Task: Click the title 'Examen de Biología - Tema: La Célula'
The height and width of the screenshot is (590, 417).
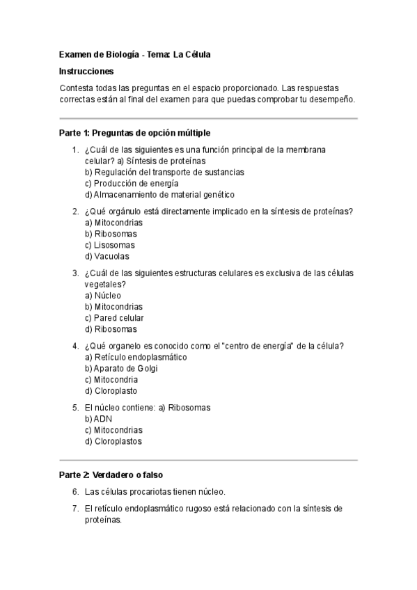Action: tap(134, 54)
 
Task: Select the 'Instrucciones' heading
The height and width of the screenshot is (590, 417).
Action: tap(86, 71)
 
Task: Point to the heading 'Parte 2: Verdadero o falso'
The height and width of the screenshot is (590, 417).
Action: tap(111, 475)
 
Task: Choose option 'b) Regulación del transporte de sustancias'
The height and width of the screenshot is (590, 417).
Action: tap(164, 172)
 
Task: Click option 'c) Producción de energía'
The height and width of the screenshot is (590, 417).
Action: tap(127, 183)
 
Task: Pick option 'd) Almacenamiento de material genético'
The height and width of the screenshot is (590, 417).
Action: tap(159, 194)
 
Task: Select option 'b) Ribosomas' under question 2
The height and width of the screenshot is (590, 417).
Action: tap(111, 234)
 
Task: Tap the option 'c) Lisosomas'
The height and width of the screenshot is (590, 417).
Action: tap(110, 245)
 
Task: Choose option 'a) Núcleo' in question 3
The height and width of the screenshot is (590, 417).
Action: tap(102, 295)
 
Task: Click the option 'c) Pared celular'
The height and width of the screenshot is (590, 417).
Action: tap(114, 318)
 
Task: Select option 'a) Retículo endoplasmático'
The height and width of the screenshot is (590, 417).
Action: tap(136, 357)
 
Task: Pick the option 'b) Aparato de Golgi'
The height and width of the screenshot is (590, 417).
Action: tap(121, 368)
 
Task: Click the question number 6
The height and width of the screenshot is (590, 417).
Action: tap(75, 491)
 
